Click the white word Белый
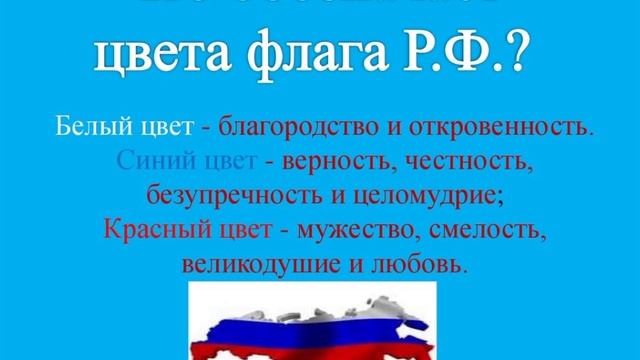click(88, 129)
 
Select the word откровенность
click(508, 129)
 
